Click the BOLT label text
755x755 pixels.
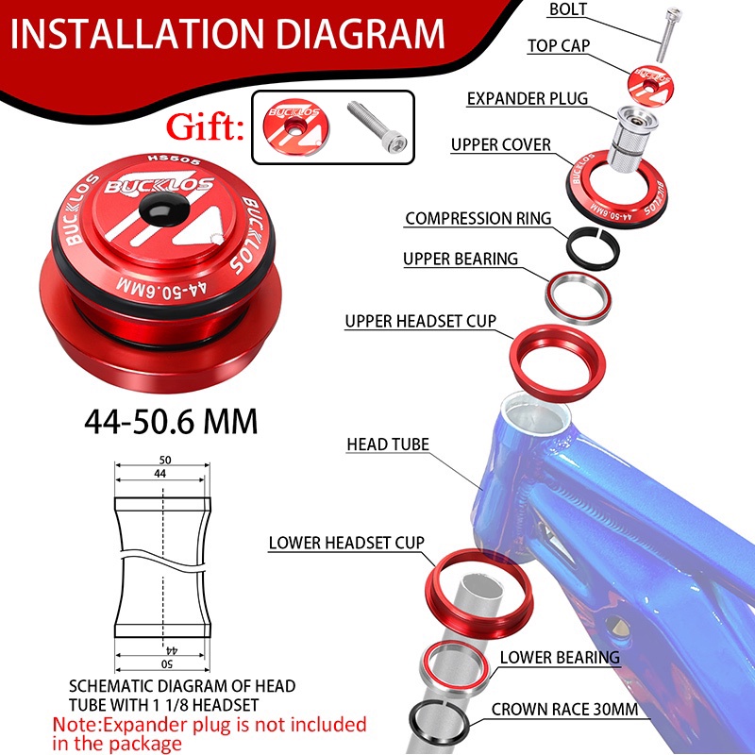[x=568, y=9]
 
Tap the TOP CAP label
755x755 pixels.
[x=559, y=45]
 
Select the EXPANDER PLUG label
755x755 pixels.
[x=528, y=99]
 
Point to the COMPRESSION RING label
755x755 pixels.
[x=478, y=218]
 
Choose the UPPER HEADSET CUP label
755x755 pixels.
[x=420, y=321]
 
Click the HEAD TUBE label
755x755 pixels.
[x=388, y=444]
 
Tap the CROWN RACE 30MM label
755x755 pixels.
[x=564, y=710]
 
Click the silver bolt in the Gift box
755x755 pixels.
[x=377, y=126]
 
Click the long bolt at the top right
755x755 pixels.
[x=669, y=35]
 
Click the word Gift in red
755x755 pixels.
[x=205, y=127]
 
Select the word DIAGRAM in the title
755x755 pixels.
[x=361, y=34]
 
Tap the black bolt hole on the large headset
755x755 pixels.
[x=162, y=209]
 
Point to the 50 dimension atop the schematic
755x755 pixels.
[x=165, y=460]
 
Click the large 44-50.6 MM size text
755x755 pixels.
[x=171, y=422]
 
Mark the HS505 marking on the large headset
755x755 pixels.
[x=174, y=159]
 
